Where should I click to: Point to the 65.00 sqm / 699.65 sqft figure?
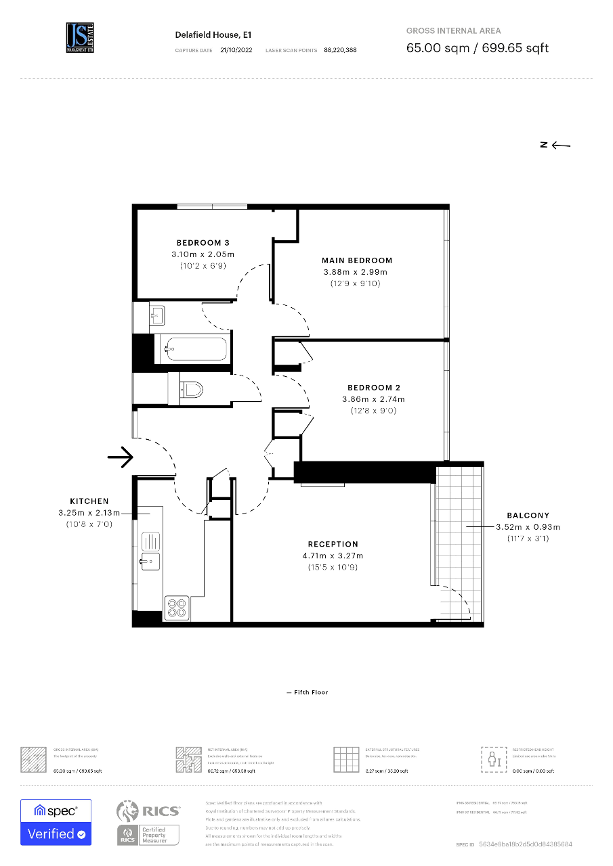click(x=477, y=48)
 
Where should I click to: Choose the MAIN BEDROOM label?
click(x=357, y=260)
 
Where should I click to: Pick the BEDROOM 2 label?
click(x=373, y=388)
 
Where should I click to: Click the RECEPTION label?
click(x=333, y=544)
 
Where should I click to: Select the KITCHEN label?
click(x=89, y=501)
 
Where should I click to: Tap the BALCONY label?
click(x=528, y=516)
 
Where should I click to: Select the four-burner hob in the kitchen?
click(x=177, y=608)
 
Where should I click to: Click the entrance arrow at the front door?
click(x=121, y=458)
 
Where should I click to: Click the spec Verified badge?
click(x=56, y=822)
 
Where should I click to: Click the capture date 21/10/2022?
click(x=236, y=50)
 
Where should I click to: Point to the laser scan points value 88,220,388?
click(x=340, y=50)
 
